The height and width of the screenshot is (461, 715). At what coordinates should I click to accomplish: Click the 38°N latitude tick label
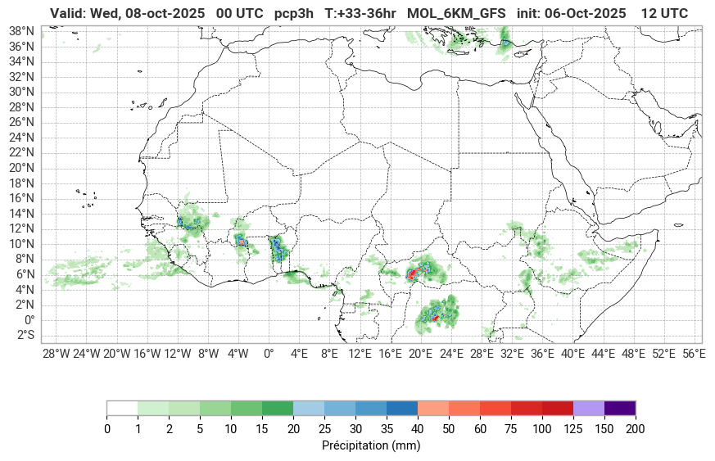20,30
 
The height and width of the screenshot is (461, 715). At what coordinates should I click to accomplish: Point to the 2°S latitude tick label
22,335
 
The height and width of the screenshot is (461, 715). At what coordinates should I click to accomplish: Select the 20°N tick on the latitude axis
20,168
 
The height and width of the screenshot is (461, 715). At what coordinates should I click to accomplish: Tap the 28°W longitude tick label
56,354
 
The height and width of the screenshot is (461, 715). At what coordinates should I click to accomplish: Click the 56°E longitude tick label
694,354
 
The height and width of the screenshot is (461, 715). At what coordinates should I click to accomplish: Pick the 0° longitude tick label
269,354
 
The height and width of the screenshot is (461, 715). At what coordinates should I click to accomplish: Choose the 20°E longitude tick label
420,354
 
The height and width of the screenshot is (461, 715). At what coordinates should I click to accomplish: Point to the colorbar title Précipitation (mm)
371,445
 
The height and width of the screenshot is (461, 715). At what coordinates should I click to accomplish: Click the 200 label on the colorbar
636,429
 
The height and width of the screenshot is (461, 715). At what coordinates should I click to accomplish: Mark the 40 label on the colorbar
418,429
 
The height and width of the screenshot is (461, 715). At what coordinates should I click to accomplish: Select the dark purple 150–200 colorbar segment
620,408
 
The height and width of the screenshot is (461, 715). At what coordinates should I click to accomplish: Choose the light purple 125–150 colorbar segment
589,408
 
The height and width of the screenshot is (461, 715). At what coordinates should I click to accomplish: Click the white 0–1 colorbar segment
122,408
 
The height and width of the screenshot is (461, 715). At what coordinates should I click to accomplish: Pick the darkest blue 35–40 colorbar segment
402,408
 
